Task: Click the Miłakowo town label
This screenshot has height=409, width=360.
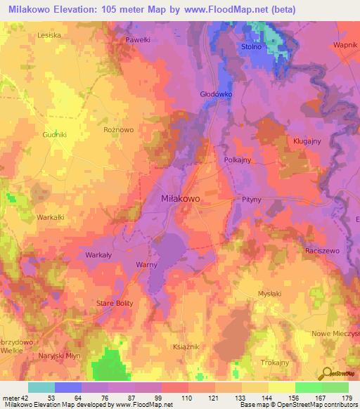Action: (181, 199)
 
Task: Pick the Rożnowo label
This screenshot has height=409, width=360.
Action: (118, 130)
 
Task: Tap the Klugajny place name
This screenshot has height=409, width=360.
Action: (307, 141)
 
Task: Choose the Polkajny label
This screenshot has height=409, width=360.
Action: (238, 160)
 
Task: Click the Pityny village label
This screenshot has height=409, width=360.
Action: (252, 200)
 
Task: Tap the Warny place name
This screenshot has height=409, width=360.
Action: (146, 265)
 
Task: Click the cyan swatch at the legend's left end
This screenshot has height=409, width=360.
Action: (41, 387)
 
